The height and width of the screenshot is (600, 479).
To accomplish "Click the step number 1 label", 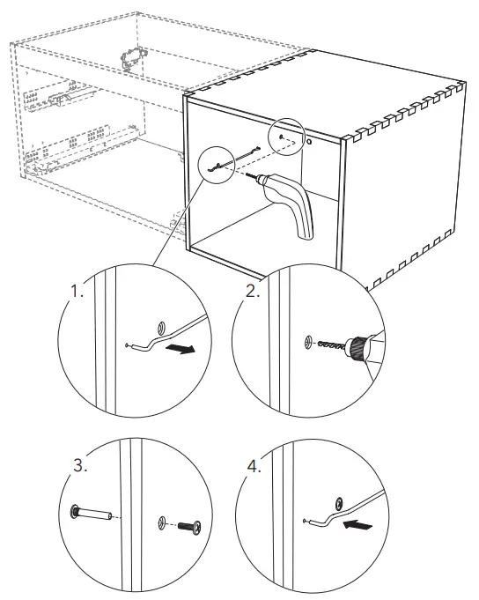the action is point(77,292).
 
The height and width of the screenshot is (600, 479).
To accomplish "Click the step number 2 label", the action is point(253,292).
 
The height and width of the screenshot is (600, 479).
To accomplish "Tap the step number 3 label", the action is point(80,466).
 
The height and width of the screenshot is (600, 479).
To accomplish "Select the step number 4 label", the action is point(254,466).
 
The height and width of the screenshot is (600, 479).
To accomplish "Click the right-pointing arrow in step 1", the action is point(180,349).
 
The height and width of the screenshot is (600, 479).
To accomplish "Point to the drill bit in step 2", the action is point(332,344).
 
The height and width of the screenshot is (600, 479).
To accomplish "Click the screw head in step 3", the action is point(196,527).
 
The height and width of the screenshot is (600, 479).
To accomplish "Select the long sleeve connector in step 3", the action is point(92,513).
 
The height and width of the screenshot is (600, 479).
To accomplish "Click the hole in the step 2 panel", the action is point(309,342).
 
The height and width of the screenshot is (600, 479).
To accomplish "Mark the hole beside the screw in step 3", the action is point(163,522).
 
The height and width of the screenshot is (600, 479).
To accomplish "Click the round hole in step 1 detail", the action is point(162,328).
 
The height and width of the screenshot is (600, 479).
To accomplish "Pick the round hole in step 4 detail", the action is point(339,504).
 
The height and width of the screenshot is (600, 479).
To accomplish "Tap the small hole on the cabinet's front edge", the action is point(309,142).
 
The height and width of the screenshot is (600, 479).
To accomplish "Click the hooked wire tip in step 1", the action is point(128,345).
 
